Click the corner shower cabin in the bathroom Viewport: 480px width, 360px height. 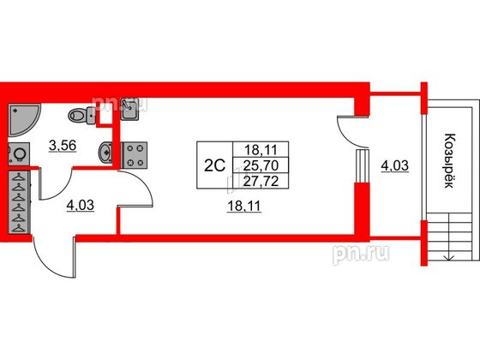click(21, 119)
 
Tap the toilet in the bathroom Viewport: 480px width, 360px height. click(81, 116)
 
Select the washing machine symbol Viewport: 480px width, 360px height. click(19, 154)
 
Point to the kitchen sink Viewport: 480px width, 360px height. click(130, 110)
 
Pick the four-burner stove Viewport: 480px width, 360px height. click(135, 155)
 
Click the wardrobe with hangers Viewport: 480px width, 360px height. click(19, 202)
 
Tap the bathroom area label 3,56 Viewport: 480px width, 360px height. click(63, 146)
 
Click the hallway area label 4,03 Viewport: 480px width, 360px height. click(81, 205)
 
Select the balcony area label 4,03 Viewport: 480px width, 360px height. click(394, 166)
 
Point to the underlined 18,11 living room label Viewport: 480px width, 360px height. click(244, 207)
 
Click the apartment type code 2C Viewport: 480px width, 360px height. click(214, 166)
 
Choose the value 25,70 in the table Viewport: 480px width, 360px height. click(261, 165)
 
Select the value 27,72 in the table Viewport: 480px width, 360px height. click(261, 181)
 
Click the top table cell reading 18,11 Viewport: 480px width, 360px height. click(261, 150)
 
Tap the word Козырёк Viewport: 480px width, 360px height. click(449, 161)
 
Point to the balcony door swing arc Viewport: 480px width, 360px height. click(349, 132)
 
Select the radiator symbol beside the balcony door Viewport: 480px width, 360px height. click(363, 165)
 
